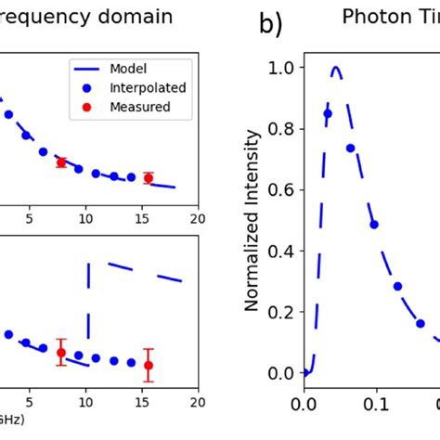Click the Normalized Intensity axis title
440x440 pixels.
[250, 219]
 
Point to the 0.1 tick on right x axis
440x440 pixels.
[374, 405]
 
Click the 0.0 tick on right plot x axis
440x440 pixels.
[303, 405]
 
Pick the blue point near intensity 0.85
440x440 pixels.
[327, 114]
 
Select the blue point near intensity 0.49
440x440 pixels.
[373, 224]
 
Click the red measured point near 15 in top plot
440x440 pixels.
[148, 177]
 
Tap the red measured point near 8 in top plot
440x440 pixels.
[61, 162]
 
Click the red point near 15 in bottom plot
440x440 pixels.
[148, 365]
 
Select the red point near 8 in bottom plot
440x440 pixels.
[61, 352]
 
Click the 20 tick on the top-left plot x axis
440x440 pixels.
[197, 218]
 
